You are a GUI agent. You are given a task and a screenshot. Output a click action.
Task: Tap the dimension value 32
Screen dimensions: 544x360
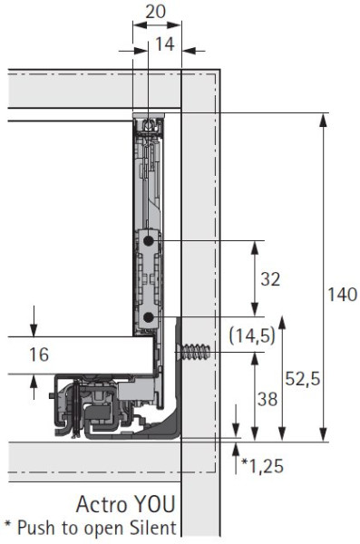(x=270, y=280)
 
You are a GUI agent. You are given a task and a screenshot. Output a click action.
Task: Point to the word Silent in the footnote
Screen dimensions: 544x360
(x=152, y=527)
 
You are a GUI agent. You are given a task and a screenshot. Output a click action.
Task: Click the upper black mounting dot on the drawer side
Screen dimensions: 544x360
(x=147, y=242)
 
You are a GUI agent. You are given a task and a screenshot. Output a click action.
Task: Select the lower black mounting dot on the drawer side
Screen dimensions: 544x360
(x=147, y=316)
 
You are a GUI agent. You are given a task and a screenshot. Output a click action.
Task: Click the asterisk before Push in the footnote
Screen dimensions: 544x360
(x=8, y=526)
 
